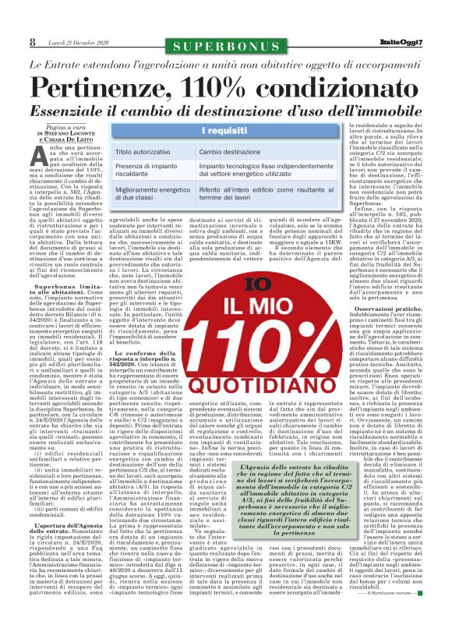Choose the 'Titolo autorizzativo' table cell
(x=147, y=151)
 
